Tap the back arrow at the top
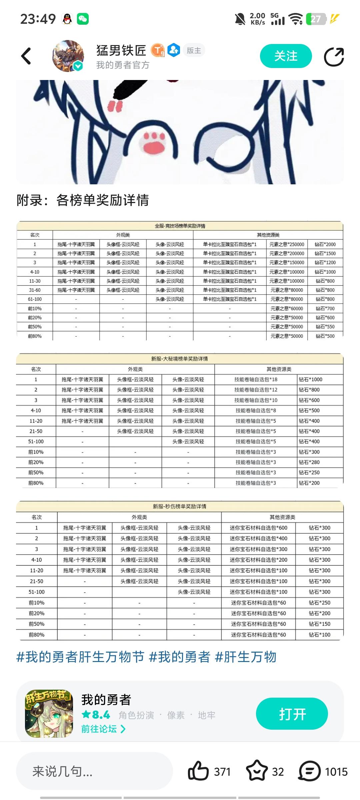(26, 56)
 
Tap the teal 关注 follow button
(286, 56)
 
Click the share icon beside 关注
(334, 57)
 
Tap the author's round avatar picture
(68, 56)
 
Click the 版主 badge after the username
(194, 50)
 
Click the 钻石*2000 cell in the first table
(325, 244)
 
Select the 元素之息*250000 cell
(287, 244)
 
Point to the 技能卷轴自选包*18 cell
(256, 379)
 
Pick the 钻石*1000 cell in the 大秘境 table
(311, 379)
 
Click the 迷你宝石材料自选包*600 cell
(258, 528)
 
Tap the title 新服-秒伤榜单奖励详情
(180, 506)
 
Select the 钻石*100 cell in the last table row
(319, 635)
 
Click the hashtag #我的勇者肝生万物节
(80, 657)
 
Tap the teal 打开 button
(292, 714)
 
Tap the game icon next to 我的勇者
(49, 713)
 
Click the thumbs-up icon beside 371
(198, 771)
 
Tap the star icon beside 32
(257, 771)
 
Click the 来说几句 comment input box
(94, 771)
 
